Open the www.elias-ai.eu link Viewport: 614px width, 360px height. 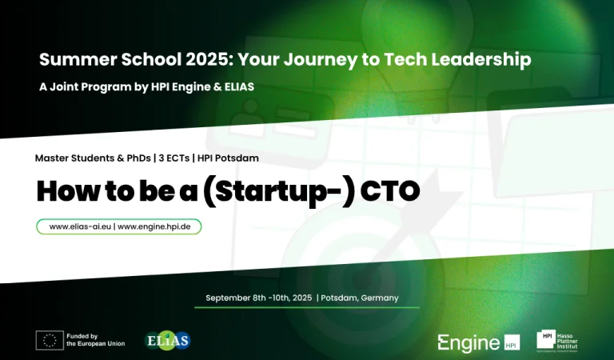click(79, 226)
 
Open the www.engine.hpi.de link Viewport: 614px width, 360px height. click(156, 226)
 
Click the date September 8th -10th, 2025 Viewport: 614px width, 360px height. click(259, 298)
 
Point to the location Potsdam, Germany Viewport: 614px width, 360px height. click(359, 298)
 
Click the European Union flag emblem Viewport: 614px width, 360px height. click(50, 340)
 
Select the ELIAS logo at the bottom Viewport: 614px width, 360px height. click(167, 340)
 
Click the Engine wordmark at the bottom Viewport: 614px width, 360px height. click(468, 342)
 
